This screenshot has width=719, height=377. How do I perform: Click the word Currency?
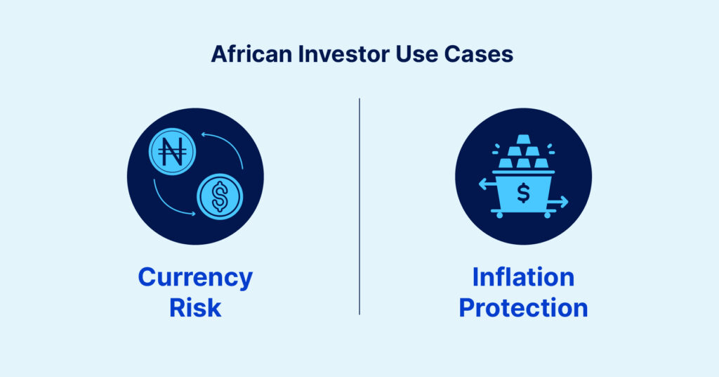pos(195,279)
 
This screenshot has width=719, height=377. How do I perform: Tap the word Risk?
pos(195,307)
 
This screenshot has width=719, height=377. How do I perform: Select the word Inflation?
pos(523,277)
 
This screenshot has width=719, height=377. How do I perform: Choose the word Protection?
pos(523,307)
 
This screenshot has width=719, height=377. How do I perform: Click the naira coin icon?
pos(173,151)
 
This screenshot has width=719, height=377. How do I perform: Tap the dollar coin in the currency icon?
pos(220,196)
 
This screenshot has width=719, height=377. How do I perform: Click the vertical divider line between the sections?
pos(359,206)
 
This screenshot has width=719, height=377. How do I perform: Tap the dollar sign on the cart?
pos(523,193)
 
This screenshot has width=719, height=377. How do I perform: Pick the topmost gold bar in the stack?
pos(523,139)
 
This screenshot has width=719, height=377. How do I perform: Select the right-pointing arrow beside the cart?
pos(559,201)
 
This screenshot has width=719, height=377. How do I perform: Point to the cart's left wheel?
pos(499,215)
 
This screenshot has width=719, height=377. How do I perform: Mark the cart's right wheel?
pos(547,215)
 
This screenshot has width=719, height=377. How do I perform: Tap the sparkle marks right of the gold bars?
pos(550,149)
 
